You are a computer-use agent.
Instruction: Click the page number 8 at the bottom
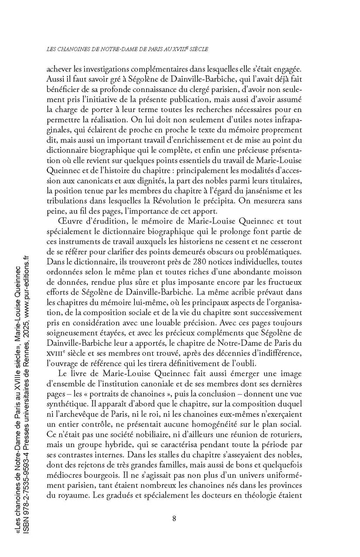click(174, 517)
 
